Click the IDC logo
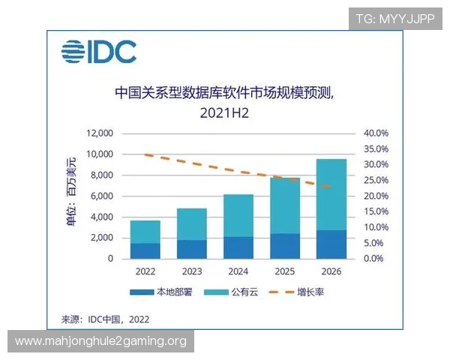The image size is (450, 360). tap(99, 52)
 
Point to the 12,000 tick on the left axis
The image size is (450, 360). tap(99, 133)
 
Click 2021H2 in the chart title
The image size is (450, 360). tap(223, 113)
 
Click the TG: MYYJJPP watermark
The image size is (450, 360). tap(394, 18)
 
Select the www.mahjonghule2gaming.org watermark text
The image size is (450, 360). tap(100, 342)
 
